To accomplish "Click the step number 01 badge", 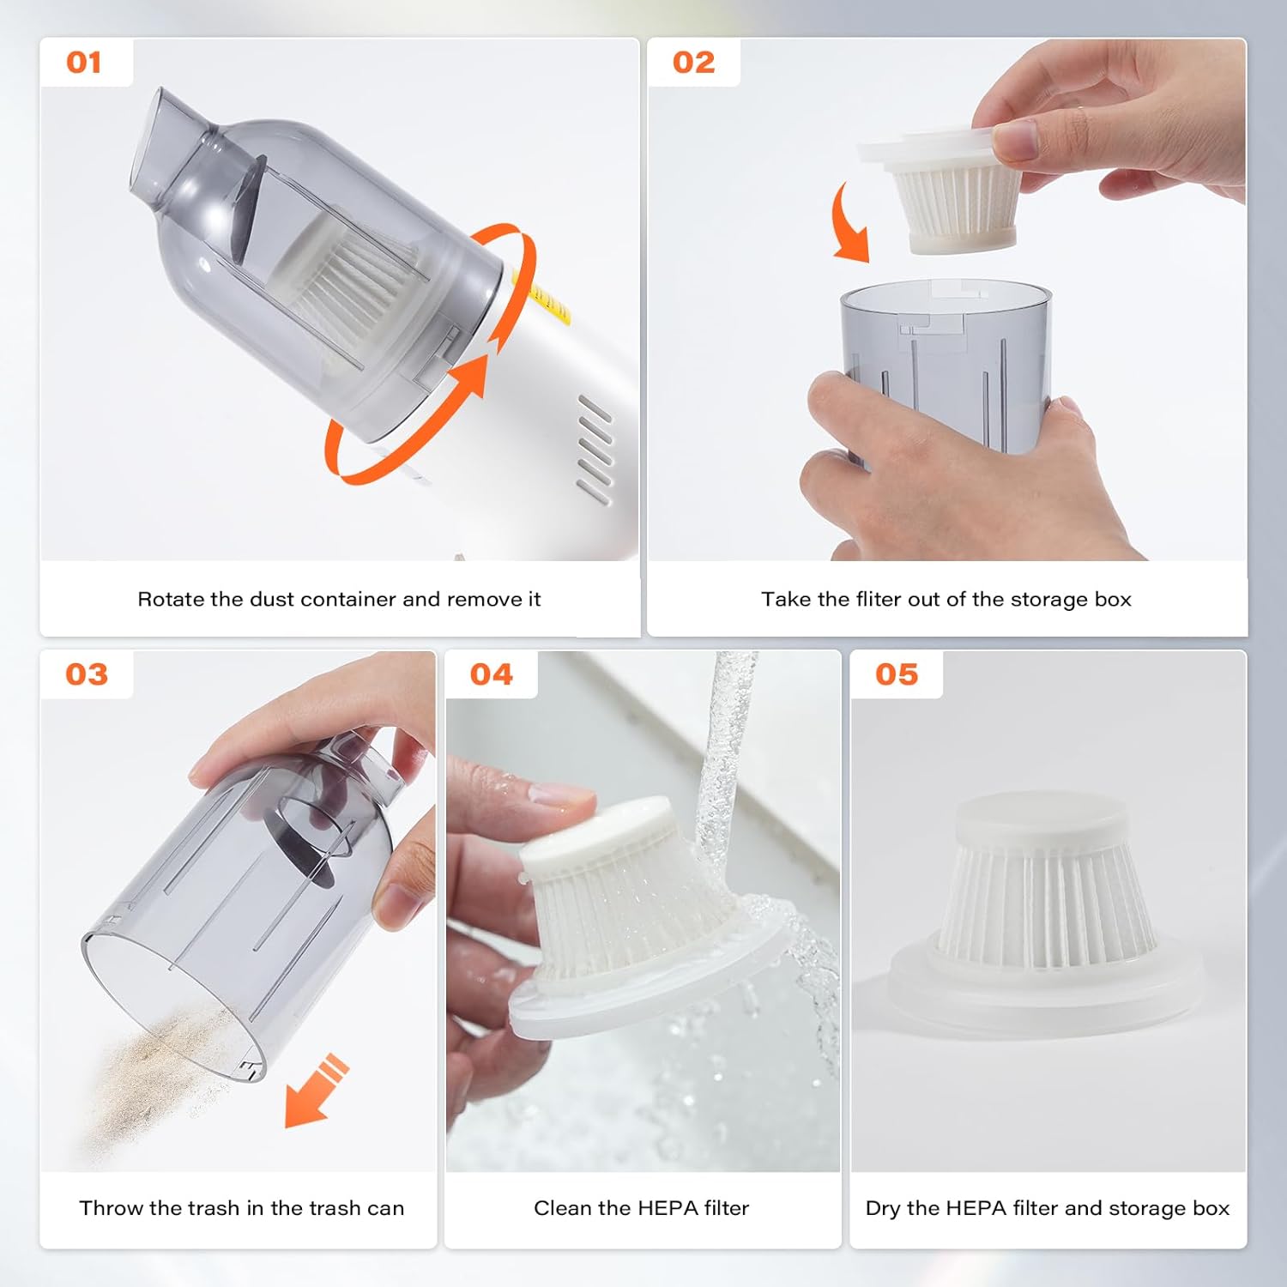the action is click(x=84, y=63).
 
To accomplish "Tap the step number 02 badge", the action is click(x=693, y=63).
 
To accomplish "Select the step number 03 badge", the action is click(x=87, y=674).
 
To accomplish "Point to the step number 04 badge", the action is click(x=492, y=674).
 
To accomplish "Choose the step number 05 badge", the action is click(x=897, y=674).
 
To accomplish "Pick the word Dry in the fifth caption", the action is click(x=883, y=1208).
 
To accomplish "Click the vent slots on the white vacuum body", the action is click(x=595, y=449).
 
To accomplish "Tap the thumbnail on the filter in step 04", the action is click(x=562, y=793).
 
